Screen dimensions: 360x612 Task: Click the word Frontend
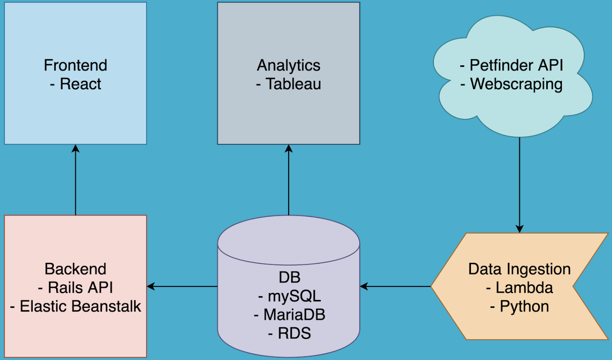click(x=75, y=65)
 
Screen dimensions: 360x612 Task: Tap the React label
click(x=80, y=84)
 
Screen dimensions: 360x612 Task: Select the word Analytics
click(x=288, y=65)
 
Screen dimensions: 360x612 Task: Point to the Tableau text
click(x=293, y=84)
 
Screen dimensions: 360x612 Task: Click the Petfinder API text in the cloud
click(x=516, y=65)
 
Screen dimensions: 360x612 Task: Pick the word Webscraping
click(x=516, y=84)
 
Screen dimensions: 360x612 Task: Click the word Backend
click(x=75, y=269)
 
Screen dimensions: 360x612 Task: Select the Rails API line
click(x=80, y=288)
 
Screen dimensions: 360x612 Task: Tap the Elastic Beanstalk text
click(x=80, y=306)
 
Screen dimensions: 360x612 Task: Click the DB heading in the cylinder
click(x=289, y=277)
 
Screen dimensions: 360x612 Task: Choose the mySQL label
click(x=294, y=296)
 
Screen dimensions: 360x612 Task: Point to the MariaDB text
click(x=294, y=315)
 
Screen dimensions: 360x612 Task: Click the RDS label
click(x=294, y=333)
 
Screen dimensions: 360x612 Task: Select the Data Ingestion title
click(x=519, y=269)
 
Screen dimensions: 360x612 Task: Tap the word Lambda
click(x=524, y=288)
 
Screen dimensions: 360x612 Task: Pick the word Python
click(x=524, y=306)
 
